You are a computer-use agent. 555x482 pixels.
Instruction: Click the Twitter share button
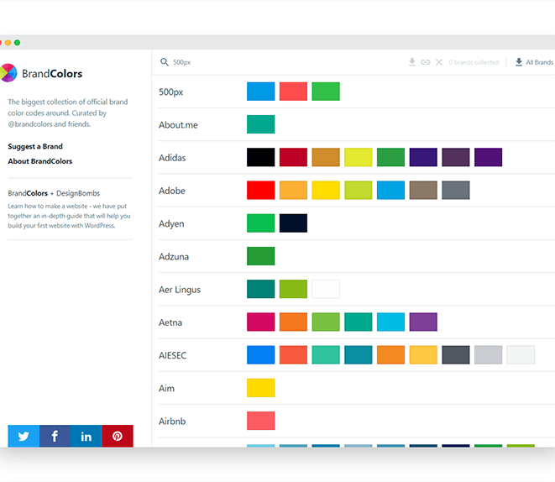[x=24, y=436]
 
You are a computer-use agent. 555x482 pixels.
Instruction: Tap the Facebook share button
[x=55, y=436]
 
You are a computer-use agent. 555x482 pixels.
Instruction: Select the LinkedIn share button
[x=86, y=436]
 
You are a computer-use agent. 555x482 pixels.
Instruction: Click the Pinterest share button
[x=118, y=436]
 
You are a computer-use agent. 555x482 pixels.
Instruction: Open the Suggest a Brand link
[x=35, y=147]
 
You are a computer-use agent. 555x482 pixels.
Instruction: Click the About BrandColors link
[x=40, y=161]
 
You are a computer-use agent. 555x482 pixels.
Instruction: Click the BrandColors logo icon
[x=8, y=73]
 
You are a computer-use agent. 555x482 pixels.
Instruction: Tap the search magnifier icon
[x=165, y=62]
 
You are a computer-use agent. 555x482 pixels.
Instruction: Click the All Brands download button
[x=534, y=62]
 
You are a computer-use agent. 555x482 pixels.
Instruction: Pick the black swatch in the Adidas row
[x=260, y=157]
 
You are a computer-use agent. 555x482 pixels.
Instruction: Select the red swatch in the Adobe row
[x=260, y=191]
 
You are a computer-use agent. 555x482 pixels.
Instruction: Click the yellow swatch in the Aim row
[x=260, y=388]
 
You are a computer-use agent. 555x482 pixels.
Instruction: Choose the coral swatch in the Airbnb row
[x=260, y=421]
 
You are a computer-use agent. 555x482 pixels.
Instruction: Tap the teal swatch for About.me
[x=260, y=124]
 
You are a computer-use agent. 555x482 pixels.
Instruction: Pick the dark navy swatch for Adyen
[x=293, y=223]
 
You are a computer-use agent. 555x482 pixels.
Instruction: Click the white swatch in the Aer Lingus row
[x=326, y=289]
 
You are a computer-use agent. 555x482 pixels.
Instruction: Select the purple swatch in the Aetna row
[x=423, y=322]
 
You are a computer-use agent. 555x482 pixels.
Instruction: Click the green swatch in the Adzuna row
[x=260, y=256]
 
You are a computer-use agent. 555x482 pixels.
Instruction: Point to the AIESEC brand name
[x=173, y=355]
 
